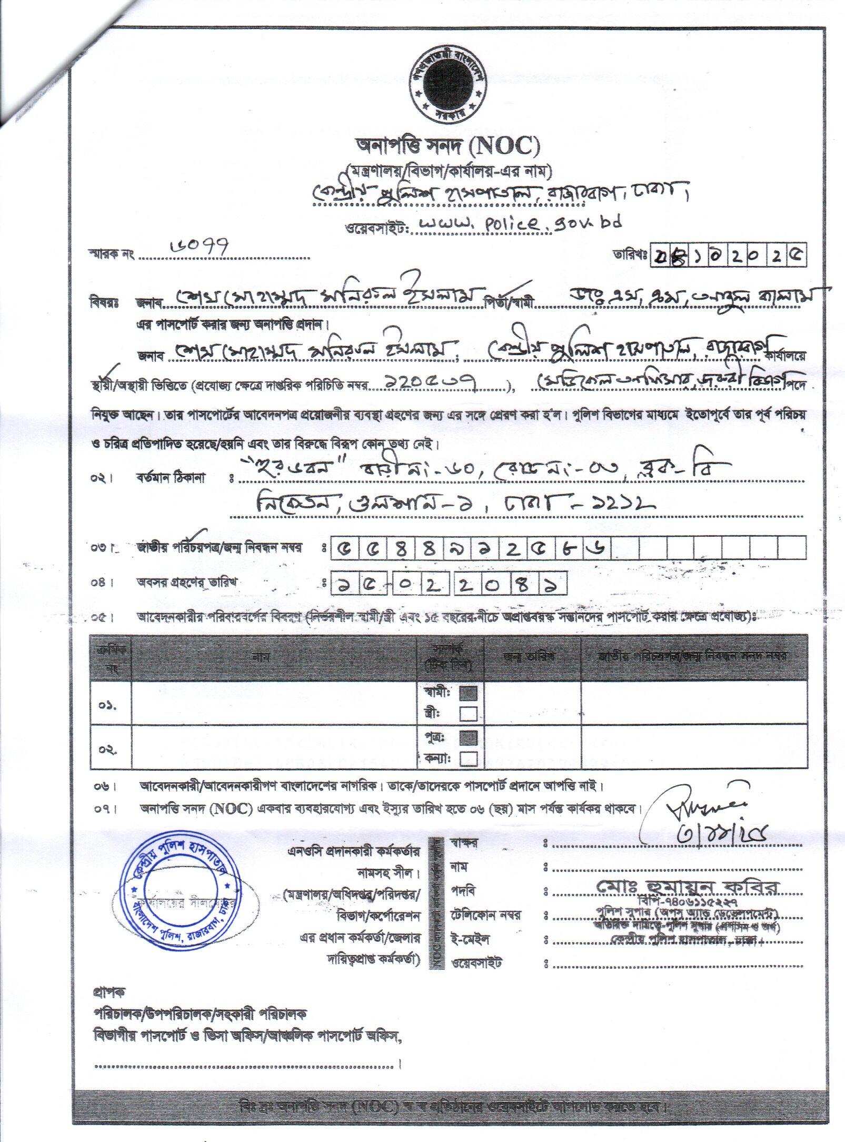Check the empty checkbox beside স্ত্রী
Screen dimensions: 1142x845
click(468, 713)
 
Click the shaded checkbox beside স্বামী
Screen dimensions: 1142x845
click(468, 693)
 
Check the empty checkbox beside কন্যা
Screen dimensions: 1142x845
click(468, 758)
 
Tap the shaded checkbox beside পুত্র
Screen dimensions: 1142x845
click(468, 736)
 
